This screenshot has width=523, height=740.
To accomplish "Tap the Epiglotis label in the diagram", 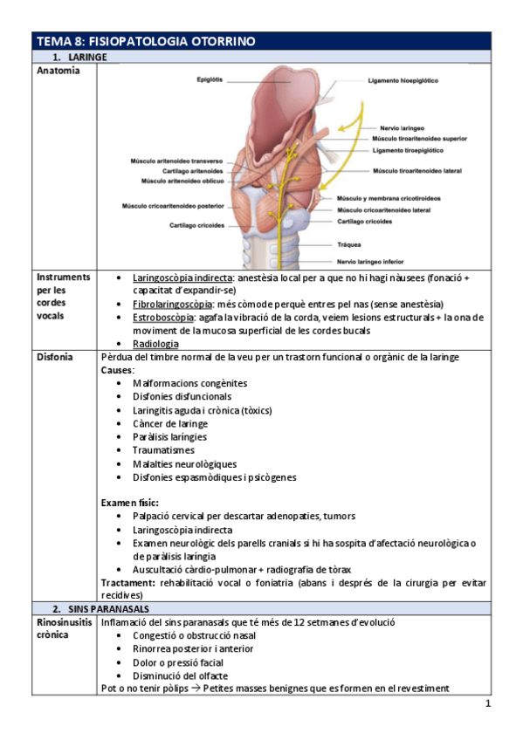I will pyautogui.click(x=210, y=79).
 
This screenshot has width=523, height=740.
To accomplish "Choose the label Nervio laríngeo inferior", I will pyautogui.click(x=376, y=261).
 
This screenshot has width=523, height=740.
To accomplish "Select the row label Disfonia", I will pyautogui.click(x=55, y=358).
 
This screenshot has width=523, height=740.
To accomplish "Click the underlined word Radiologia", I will pyautogui.click(x=155, y=344).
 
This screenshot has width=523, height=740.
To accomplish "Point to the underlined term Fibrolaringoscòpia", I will pyautogui.click(x=172, y=303).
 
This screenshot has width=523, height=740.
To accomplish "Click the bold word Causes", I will pyautogui.click(x=117, y=370).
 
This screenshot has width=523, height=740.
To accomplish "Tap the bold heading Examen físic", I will pyautogui.click(x=129, y=503).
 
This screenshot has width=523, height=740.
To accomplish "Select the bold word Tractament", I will pyautogui.click(x=128, y=582).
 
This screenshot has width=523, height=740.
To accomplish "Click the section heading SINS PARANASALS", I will pyautogui.click(x=100, y=607).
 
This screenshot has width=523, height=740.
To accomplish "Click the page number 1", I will pyautogui.click(x=488, y=703).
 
